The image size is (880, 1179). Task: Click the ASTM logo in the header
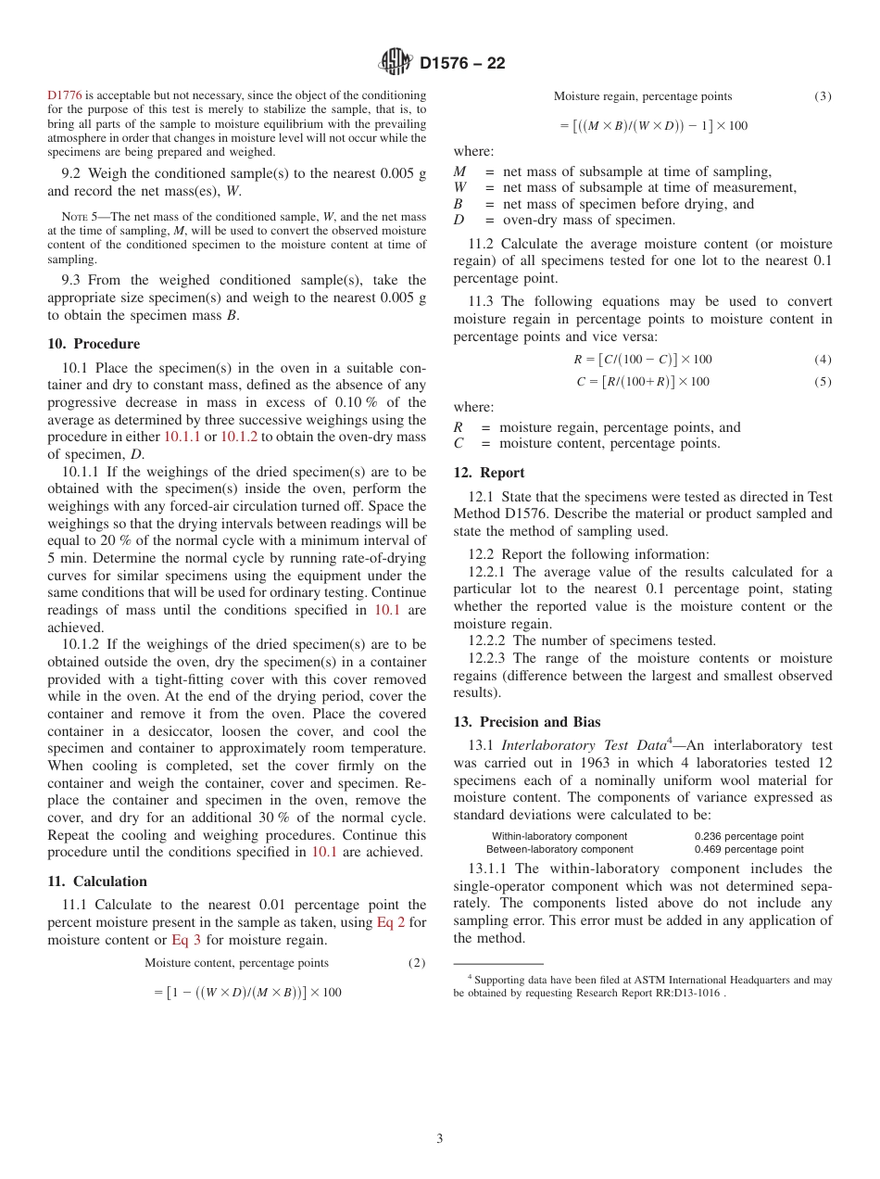click(396, 63)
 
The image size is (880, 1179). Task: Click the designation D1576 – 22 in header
click(462, 64)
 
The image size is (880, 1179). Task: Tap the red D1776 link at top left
click(65, 95)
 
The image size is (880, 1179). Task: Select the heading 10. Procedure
click(94, 344)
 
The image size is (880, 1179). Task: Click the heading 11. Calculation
click(97, 881)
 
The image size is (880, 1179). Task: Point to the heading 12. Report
click(489, 473)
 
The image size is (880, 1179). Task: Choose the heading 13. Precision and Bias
click(527, 722)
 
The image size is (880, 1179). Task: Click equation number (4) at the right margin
click(823, 360)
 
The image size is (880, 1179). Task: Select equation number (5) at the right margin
click(823, 382)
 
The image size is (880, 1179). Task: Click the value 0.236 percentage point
click(748, 836)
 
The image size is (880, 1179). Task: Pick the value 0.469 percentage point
click(748, 849)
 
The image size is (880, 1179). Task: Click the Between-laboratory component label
click(559, 849)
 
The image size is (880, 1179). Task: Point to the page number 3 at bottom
click(440, 1139)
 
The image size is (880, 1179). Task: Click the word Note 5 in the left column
click(67, 217)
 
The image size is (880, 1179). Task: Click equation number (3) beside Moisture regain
click(823, 96)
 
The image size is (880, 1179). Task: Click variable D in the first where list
click(459, 221)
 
